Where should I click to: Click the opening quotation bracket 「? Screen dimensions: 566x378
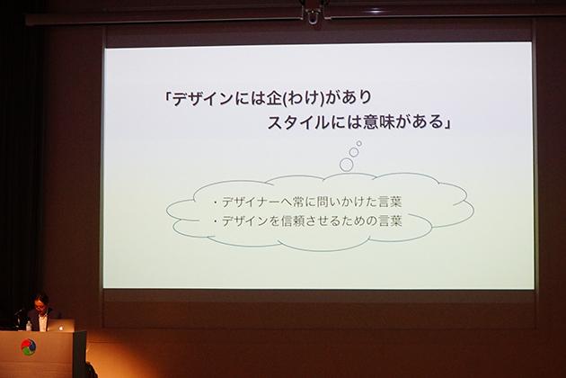click(x=168, y=96)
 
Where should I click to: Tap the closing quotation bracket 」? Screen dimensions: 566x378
click(x=447, y=123)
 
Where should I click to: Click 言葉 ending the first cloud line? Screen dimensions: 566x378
click(x=390, y=202)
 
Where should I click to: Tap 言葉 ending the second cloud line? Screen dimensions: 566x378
click(x=390, y=220)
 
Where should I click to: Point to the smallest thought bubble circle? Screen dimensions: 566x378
click(x=359, y=144)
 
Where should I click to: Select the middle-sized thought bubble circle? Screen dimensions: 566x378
click(x=354, y=152)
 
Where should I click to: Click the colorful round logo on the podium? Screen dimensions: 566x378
click(x=29, y=346)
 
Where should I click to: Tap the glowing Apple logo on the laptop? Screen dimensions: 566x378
click(x=61, y=328)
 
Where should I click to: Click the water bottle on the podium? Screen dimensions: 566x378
click(x=29, y=325)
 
